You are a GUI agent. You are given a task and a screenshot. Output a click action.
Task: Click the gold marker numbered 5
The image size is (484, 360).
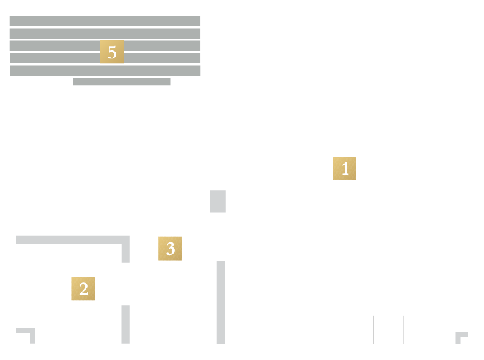coord(112,52)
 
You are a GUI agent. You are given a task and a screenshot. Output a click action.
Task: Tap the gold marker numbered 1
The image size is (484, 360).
coord(345,168)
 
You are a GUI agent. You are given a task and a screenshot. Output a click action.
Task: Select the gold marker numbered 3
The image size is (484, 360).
coord(170,249)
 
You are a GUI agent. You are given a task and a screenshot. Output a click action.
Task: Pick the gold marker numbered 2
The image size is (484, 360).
coord(83,288)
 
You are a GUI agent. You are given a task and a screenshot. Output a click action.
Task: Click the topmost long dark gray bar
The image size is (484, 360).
coord(105,21)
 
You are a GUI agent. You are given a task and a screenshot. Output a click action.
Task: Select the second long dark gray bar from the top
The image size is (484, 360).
coord(105,34)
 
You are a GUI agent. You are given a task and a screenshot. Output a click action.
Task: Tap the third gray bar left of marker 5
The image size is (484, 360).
coord(55,45)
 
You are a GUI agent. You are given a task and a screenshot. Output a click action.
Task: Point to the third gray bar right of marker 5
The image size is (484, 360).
coord(162,45)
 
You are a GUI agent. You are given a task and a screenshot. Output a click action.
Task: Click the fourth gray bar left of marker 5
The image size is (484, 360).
coord(55,58)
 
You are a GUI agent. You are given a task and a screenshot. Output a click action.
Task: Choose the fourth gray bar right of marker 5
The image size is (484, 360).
coord(162,58)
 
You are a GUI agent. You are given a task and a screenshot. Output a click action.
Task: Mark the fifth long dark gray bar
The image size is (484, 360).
coord(105,71)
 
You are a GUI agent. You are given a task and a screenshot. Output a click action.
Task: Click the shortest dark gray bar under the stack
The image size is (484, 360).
coord(121,81)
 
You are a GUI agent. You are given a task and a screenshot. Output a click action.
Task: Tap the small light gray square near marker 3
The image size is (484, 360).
coord(218,201)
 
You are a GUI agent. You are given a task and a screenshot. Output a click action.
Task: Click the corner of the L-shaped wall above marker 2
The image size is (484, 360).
coord(126,240)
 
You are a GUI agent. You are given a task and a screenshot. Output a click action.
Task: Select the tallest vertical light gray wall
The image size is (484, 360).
coord(221,302)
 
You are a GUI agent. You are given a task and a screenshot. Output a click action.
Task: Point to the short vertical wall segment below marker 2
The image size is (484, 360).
coord(126,325)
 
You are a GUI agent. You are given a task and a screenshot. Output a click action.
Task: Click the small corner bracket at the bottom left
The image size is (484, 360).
coord(32,330)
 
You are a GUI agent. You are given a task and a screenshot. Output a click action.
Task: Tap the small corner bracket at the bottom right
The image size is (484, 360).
coord(458,335)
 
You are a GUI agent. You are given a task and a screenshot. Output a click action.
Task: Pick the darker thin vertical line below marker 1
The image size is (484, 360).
coord(373,330)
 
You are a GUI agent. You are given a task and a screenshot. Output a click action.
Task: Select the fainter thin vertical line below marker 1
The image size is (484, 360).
coord(403,330)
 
